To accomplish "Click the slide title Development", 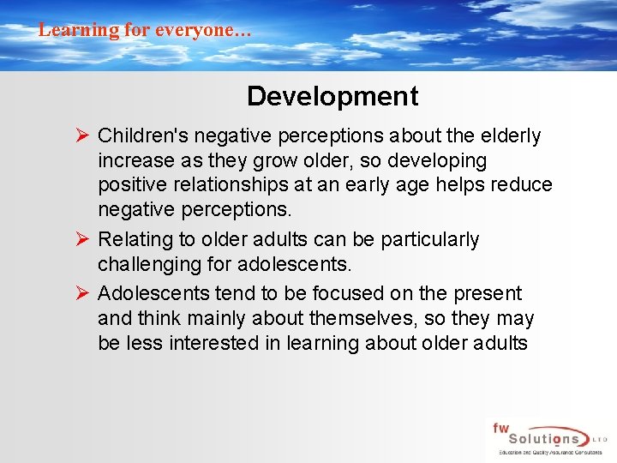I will (x=332, y=96).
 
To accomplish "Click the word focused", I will (x=326, y=293).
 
